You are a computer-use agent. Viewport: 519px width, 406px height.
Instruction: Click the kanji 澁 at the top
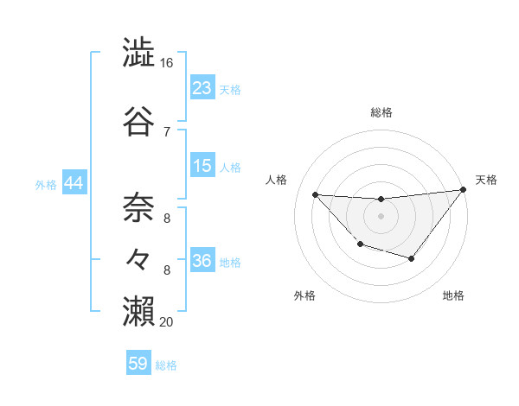[139, 54]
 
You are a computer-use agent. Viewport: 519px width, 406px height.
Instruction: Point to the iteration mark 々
[139, 257]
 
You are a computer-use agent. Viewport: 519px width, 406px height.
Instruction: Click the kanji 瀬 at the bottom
[139, 309]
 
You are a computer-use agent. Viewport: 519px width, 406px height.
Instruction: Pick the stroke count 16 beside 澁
[167, 64]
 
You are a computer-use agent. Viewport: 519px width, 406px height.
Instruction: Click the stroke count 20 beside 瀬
[167, 321]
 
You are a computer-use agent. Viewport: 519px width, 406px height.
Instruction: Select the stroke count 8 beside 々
[167, 270]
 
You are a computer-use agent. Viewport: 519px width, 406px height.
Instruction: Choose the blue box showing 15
[202, 166]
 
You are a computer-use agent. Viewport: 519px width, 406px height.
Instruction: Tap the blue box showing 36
[202, 261]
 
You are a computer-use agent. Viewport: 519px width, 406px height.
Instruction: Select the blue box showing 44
[74, 183]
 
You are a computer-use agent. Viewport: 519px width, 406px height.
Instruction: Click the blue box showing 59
[138, 364]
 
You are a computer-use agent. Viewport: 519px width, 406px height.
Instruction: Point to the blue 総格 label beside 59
[166, 365]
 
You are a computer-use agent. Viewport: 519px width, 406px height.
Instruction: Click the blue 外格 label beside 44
[45, 185]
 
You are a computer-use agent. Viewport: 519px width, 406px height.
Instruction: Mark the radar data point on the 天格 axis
[463, 190]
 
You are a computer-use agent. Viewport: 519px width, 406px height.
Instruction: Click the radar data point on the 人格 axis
[316, 194]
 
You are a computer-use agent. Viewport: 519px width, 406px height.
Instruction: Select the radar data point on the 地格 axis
[412, 258]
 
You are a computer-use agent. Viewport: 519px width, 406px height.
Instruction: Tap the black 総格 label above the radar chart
[381, 112]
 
